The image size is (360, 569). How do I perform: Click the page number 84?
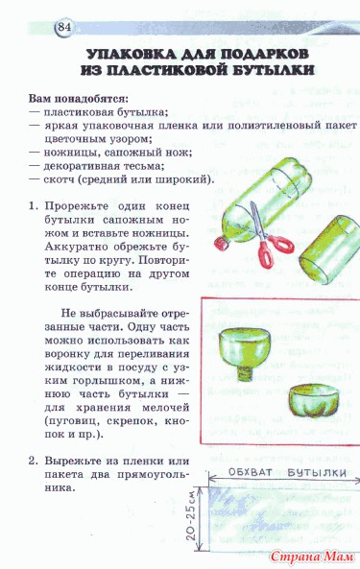pos(64,27)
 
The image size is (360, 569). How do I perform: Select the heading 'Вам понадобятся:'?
pos(79,99)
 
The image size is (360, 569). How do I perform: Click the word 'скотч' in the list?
pos(59,179)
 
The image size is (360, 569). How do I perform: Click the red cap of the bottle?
pos(221,243)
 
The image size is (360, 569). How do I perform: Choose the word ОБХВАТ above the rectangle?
pos(251,472)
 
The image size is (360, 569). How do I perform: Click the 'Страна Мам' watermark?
pos(312,557)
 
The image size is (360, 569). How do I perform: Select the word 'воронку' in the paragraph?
pos(65,354)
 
